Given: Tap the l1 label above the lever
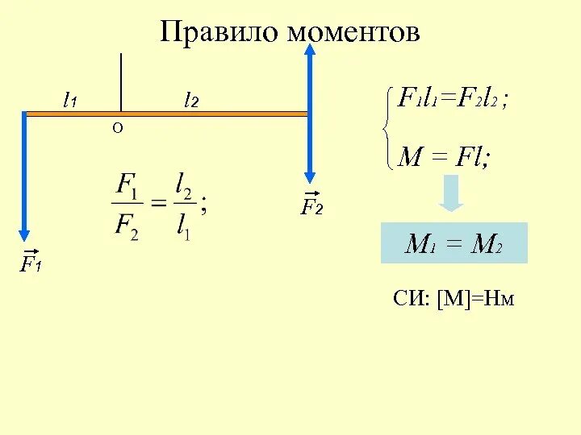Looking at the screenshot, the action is [70, 101].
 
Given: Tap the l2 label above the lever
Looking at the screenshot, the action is [191, 101].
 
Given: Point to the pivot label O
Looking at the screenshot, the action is [118, 128].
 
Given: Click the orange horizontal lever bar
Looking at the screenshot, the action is [210, 114].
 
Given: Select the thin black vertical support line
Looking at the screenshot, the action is [121, 81].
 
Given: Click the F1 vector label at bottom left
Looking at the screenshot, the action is [31, 263].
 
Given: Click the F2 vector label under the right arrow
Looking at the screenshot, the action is [312, 206].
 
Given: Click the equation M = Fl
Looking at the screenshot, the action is [445, 157].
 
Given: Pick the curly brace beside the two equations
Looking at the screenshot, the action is [388, 128].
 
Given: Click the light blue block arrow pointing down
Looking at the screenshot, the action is [451, 193].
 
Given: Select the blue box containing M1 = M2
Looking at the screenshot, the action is [454, 243].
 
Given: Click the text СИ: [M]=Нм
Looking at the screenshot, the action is [454, 300].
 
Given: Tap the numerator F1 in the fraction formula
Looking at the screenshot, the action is [127, 184].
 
